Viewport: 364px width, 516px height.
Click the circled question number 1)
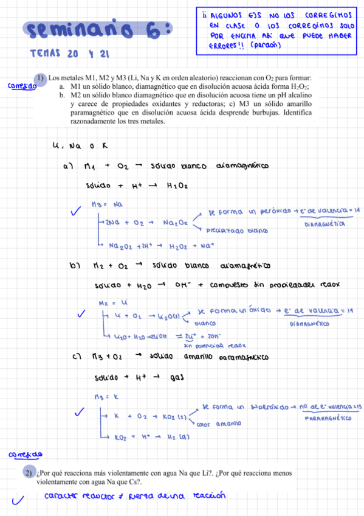point(40,78)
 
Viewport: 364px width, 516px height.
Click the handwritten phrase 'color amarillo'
point(219,423)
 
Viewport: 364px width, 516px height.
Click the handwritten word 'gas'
point(177,378)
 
